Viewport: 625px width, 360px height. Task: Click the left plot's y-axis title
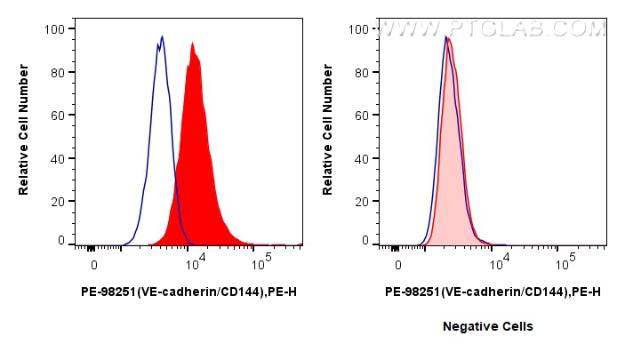24,133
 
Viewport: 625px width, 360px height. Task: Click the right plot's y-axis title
328,133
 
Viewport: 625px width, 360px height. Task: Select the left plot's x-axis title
188,291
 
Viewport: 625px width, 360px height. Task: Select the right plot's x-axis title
493,291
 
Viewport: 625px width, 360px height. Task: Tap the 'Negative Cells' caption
488,326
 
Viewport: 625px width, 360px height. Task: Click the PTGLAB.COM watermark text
492,29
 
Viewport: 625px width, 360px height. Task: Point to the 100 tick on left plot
54,29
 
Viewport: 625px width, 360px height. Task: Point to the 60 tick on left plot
57,116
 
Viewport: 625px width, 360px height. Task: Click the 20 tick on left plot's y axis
57,202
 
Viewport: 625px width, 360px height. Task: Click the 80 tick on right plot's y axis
361,72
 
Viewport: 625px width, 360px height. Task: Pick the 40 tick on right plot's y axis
361,158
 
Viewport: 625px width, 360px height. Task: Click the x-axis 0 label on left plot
93,264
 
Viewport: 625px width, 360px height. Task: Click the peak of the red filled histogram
191,44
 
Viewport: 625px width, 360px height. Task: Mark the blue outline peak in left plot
162,37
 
